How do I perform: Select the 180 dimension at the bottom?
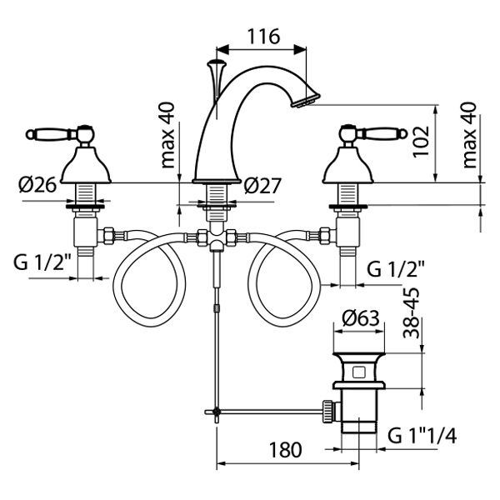click(284, 450)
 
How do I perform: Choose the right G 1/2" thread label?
click(397, 268)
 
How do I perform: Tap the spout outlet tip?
click(302, 97)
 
